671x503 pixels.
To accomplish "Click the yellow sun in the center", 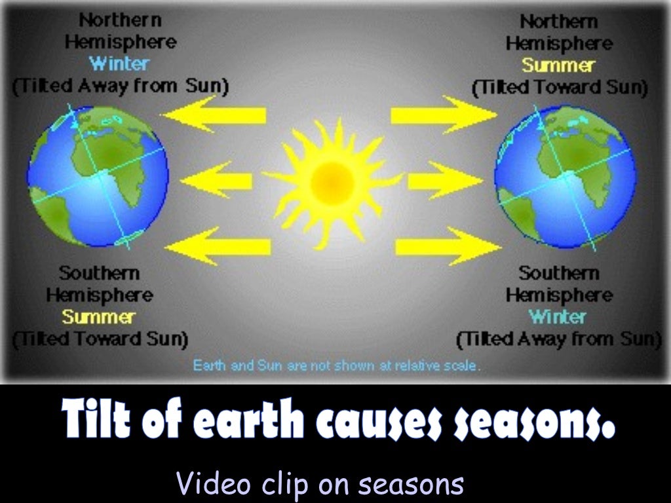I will click(332, 183).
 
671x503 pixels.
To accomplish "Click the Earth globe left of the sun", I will click(98, 177).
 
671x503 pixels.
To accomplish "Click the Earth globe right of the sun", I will click(565, 177).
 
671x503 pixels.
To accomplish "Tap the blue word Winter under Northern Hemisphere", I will click(119, 64).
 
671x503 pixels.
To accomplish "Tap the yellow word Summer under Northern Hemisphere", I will click(558, 65).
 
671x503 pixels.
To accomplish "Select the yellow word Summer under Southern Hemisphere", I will click(98, 317).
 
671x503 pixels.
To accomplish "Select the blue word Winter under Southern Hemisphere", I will click(558, 317).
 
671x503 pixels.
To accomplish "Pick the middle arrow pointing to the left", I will click(216, 179).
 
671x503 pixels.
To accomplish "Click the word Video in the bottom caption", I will click(214, 484).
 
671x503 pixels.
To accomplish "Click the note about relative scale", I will click(337, 365).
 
